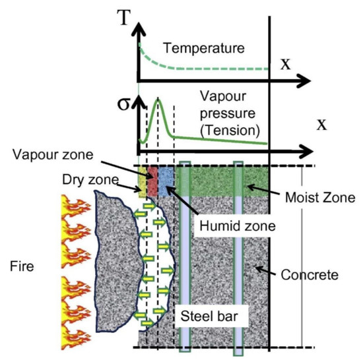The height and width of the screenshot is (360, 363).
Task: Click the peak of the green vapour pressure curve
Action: click(x=158, y=100)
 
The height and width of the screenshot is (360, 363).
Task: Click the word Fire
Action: click(x=23, y=267)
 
